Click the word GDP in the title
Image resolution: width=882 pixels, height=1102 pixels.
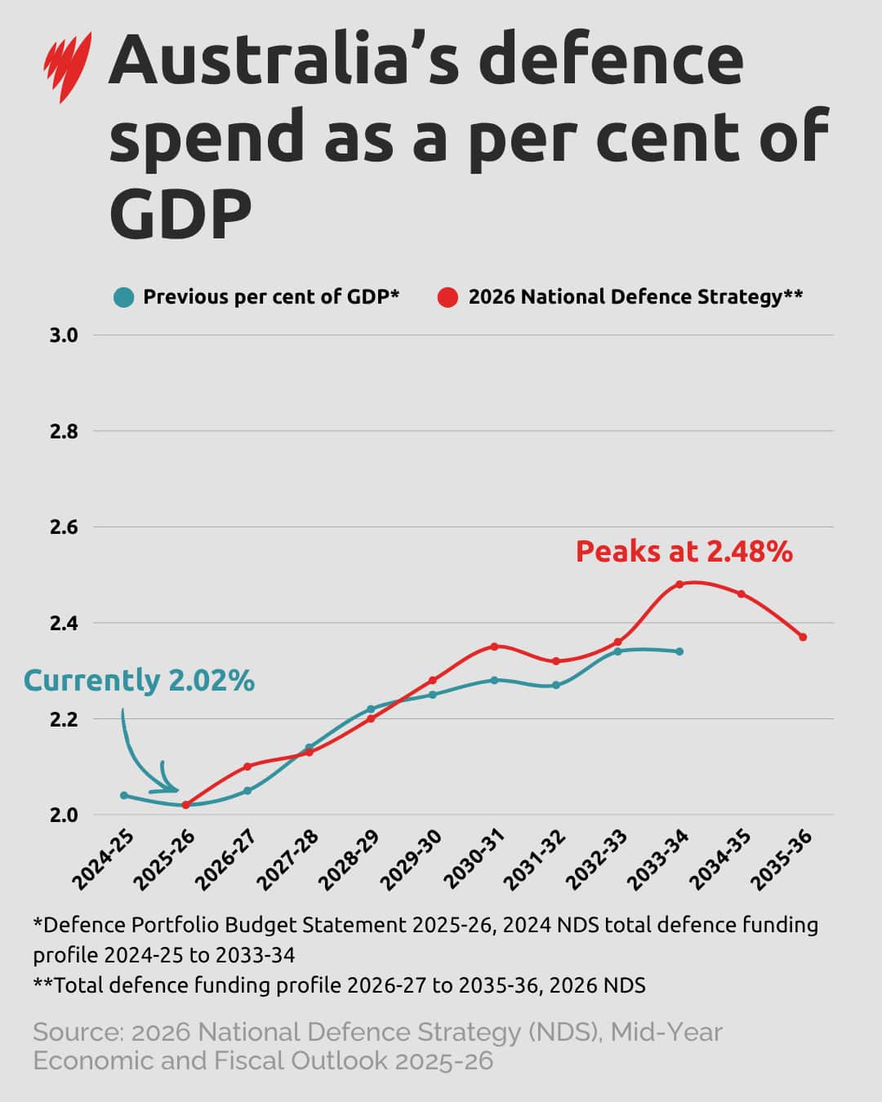point(180,213)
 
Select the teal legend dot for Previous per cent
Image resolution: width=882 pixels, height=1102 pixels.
point(124,297)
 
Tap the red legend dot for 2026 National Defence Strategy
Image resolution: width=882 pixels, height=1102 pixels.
point(448,297)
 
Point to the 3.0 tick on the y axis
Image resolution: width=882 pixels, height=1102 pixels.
point(64,335)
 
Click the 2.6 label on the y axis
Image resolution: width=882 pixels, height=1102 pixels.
point(64,527)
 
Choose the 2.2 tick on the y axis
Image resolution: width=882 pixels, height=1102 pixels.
point(64,719)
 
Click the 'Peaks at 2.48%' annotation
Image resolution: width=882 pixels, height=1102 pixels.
point(684,552)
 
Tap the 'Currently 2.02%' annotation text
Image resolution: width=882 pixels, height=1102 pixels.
point(139,680)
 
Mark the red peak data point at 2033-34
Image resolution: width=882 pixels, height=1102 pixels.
point(679,584)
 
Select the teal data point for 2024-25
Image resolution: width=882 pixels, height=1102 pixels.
point(124,795)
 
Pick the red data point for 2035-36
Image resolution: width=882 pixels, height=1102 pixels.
point(803,637)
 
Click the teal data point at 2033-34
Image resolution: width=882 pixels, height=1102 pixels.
point(679,651)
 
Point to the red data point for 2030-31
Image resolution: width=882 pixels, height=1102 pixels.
point(494,647)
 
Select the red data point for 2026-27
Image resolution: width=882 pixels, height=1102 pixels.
point(247,766)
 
